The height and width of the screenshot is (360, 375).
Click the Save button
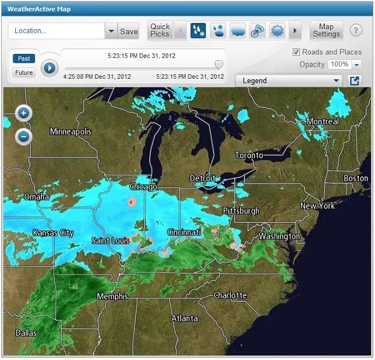[x=129, y=31]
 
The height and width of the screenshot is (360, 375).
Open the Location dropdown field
[x=111, y=31]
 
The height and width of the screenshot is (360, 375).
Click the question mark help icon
[x=356, y=30]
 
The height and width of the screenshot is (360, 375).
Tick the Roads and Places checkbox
[x=296, y=52]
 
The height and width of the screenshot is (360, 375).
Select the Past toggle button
[x=24, y=58]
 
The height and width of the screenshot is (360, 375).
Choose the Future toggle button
[x=24, y=72]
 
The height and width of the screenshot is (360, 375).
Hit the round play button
[x=50, y=67]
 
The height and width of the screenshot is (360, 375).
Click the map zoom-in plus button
[x=24, y=114]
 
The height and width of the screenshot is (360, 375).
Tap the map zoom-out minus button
[x=24, y=136]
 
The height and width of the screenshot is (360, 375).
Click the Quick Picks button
[x=160, y=30]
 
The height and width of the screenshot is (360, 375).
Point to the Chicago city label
[x=143, y=187]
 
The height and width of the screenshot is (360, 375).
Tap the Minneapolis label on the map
[x=71, y=131]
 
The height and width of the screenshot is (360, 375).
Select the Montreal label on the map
[x=322, y=121]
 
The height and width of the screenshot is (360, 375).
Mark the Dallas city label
[x=26, y=333]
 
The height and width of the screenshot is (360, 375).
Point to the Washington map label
[x=279, y=236]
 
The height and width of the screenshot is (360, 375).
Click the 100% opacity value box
[x=340, y=64]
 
